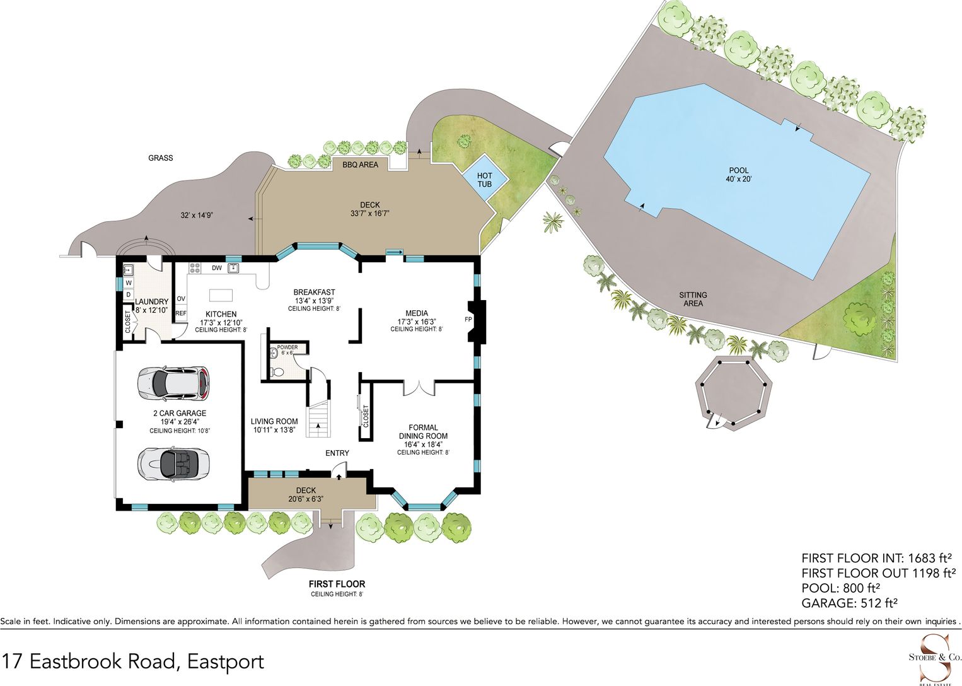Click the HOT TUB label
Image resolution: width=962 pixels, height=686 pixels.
(484, 180)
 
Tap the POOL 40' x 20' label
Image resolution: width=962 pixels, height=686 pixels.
(739, 175)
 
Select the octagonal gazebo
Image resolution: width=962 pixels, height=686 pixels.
(734, 392)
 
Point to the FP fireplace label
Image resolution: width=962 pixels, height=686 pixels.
(468, 320)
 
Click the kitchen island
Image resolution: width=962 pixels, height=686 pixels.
(221, 296)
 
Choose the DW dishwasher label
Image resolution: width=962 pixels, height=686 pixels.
(217, 268)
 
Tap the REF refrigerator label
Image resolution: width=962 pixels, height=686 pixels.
(181, 313)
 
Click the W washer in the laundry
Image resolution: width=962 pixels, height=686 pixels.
(129, 282)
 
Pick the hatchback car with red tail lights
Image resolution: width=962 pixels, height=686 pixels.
(173, 382)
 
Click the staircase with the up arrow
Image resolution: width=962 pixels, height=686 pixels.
(318, 418)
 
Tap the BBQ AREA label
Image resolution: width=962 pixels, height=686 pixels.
(361, 165)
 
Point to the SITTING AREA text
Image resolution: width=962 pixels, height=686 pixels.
(693, 299)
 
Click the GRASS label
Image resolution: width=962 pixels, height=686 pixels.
(161, 158)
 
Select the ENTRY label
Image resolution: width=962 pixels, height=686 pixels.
(337, 453)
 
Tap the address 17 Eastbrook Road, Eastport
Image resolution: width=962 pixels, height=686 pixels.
(133, 661)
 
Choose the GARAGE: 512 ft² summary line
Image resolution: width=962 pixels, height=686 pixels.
(850, 603)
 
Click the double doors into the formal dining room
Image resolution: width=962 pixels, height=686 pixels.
(419, 387)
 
